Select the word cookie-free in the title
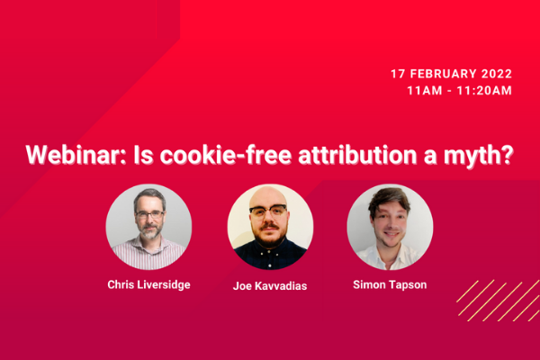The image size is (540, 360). (226, 155)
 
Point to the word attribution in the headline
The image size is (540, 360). (357, 155)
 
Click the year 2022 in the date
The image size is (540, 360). (496, 74)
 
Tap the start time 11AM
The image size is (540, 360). (425, 91)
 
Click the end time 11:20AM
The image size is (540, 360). (484, 91)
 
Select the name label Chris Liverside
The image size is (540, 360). (148, 285)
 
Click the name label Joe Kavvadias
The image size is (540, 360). (270, 286)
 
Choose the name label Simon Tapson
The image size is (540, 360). (390, 285)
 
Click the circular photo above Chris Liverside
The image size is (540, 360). (148, 227)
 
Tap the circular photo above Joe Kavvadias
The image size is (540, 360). (270, 227)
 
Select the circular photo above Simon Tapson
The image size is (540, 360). (390, 227)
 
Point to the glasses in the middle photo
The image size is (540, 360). (268, 211)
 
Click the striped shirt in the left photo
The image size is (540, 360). (148, 253)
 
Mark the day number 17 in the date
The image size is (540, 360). (398, 74)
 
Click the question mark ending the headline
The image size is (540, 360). (506, 155)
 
